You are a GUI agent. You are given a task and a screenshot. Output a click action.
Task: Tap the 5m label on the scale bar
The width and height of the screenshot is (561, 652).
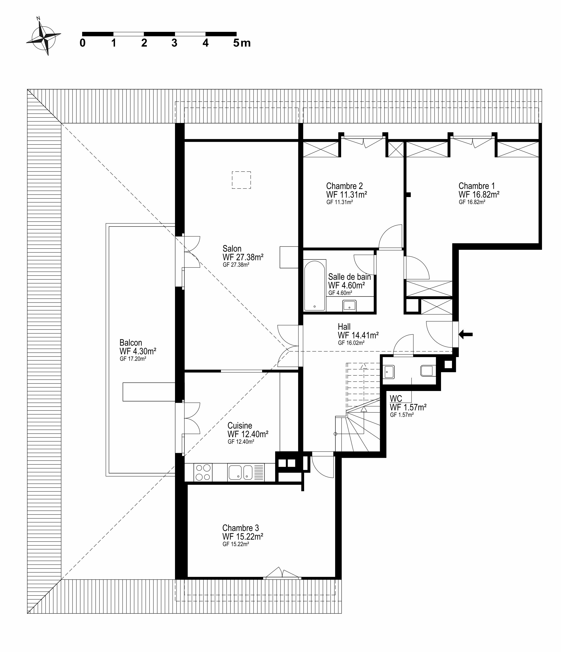242,43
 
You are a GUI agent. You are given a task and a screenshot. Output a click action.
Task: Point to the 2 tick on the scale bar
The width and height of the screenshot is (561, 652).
144,43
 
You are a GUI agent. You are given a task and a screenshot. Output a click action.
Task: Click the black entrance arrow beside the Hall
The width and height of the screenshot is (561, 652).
466,335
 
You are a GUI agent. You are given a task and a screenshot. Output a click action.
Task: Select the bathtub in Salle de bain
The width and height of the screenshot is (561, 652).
314,285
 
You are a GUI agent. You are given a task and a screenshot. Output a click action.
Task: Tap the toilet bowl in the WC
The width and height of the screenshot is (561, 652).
428,371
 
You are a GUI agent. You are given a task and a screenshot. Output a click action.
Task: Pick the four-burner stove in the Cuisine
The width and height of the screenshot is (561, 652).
203,473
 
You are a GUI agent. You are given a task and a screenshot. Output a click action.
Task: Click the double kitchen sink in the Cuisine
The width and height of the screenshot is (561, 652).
240,473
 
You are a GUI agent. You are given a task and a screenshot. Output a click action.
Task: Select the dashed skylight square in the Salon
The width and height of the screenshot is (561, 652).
241,180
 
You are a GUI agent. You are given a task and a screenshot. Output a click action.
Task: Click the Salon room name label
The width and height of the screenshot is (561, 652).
232,248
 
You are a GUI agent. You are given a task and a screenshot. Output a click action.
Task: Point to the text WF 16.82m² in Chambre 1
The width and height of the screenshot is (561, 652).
479,194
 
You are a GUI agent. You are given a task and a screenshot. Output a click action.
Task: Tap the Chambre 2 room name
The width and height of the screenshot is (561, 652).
344,186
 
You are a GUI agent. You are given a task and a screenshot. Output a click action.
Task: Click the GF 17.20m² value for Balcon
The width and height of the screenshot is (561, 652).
133,359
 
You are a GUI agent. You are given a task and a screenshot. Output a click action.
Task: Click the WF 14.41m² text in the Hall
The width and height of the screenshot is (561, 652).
358,335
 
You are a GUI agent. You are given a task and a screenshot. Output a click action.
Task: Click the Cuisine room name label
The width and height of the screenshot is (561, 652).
240,425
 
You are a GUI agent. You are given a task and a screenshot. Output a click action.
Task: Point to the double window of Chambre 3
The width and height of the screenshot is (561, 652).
282,576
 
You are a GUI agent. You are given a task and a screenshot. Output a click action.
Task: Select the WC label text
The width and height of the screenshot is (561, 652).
396,399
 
